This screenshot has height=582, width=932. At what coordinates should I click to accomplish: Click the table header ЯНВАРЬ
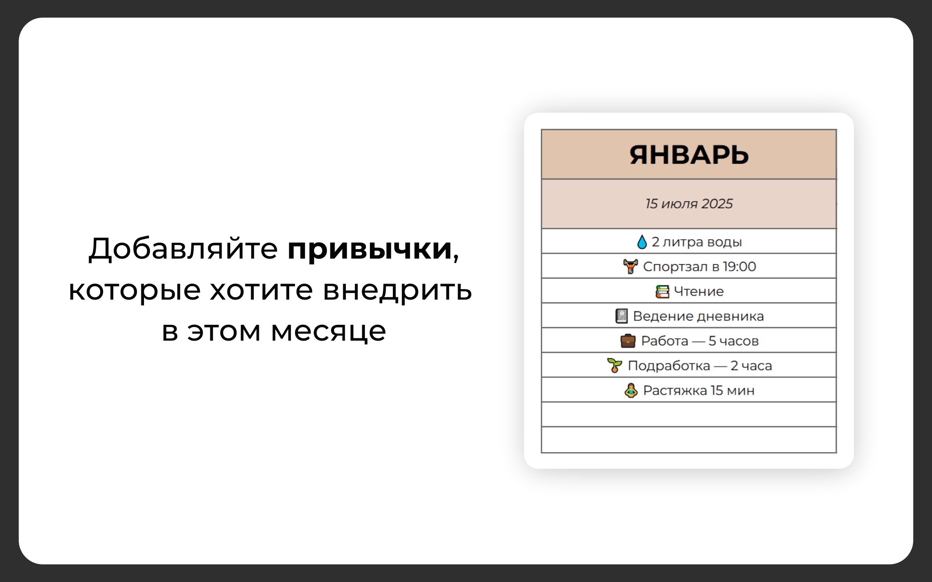click(689, 155)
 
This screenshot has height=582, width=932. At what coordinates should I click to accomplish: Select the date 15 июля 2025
click(689, 204)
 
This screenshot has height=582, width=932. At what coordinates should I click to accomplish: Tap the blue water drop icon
click(642, 242)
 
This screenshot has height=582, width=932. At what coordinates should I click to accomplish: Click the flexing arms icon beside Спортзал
click(631, 267)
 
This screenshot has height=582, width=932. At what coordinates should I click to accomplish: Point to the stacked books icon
click(662, 291)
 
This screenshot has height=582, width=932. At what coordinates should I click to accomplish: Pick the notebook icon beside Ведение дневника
click(621, 316)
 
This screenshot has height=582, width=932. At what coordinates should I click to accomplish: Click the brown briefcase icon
click(628, 341)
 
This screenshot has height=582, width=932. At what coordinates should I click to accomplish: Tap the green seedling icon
click(614, 365)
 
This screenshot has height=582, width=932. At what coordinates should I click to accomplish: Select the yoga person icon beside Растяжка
click(631, 390)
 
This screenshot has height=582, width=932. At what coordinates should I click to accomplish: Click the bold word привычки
click(370, 249)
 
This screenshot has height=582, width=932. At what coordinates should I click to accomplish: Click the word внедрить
click(397, 291)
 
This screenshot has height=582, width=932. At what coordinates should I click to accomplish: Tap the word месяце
click(328, 332)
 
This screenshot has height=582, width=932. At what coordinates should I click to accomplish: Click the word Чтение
click(699, 291)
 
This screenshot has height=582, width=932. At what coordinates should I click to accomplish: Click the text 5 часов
click(733, 341)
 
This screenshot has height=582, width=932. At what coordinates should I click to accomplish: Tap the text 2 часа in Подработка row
click(751, 366)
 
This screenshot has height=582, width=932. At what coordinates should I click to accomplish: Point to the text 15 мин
click(732, 391)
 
